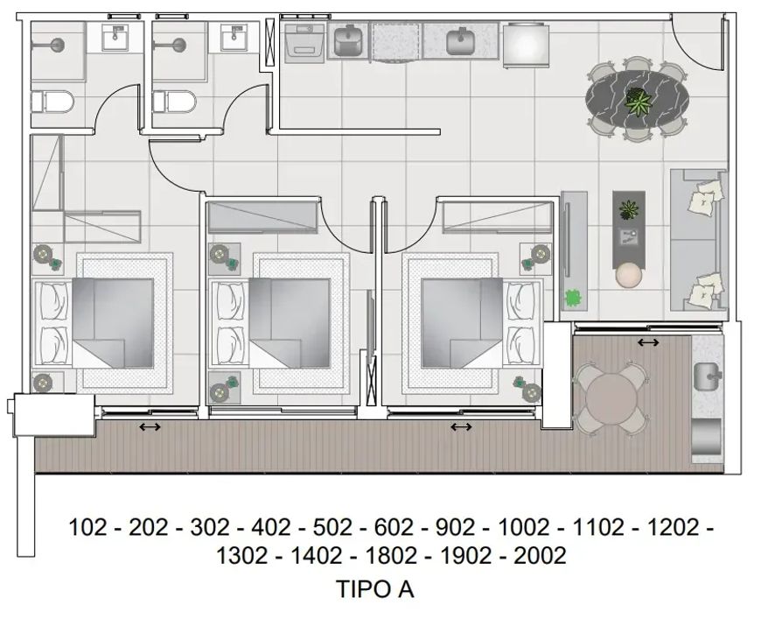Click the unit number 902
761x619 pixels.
coord(455,527)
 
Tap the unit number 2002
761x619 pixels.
coord(540,555)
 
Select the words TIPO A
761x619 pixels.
coord(375,589)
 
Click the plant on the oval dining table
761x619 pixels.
coord(638,102)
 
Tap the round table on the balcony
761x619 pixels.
coord(611,398)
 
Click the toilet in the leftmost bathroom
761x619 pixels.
coord(52,102)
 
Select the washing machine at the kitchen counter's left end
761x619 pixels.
coord(304,44)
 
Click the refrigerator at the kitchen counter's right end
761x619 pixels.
coord(526,45)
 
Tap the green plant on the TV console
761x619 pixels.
coord(573,298)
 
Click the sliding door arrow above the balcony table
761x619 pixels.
coord(648,342)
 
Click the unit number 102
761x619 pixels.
coord(87,527)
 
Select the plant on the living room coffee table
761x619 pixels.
coord(629,210)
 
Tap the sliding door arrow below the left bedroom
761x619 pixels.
coord(150,427)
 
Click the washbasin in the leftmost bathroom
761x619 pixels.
coord(115,38)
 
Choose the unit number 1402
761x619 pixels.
coord(316,555)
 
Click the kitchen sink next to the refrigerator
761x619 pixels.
coord(460,42)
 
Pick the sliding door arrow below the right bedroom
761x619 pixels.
coord(461,427)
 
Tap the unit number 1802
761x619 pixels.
coord(391,555)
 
